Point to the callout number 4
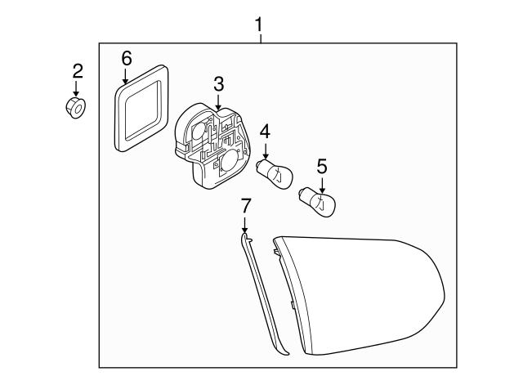(266, 131)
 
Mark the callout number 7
(244, 204)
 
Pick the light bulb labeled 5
(318, 201)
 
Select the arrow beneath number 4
(266, 150)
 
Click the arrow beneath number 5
(322, 184)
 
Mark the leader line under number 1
(260, 38)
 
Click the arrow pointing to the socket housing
(219, 101)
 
